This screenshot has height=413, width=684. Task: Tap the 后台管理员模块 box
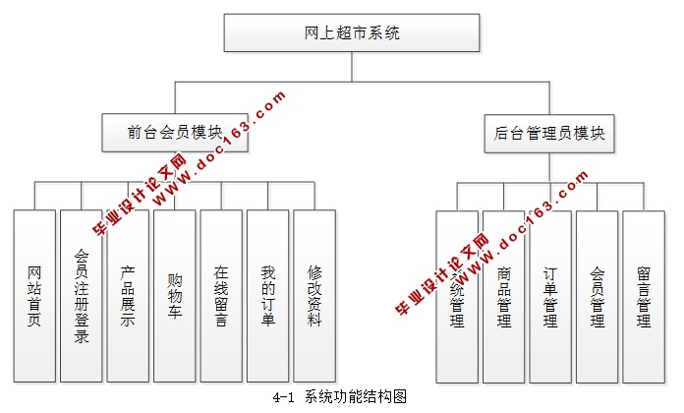point(549,133)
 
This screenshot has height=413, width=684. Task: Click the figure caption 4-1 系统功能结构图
point(341,397)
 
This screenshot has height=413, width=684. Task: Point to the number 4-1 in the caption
point(286,397)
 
